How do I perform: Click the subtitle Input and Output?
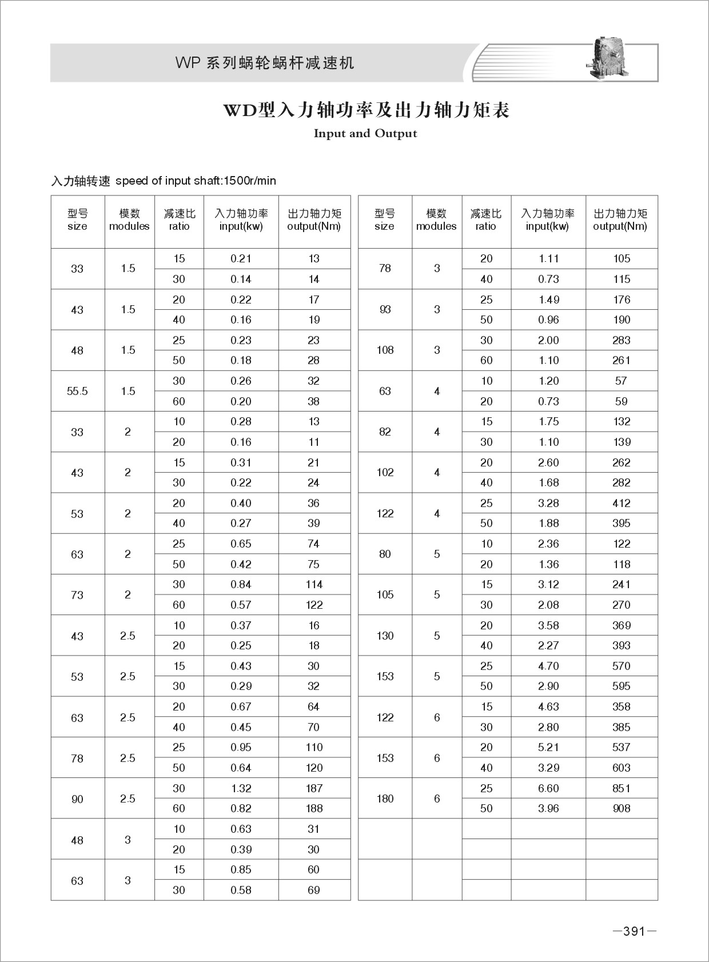(365, 134)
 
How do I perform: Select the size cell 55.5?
(77, 392)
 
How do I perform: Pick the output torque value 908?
(621, 809)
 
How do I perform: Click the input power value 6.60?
(548, 788)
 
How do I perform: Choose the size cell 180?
(385, 799)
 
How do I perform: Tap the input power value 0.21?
(241, 259)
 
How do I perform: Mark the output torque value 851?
(621, 788)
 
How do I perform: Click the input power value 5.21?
(548, 747)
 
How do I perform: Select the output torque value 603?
(621, 768)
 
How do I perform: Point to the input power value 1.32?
(241, 788)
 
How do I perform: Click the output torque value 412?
(621, 504)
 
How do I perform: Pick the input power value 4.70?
(548, 666)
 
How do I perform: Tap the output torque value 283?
(621, 341)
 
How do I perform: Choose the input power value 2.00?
(548, 341)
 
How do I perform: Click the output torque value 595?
(621, 686)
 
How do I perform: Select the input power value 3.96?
(548, 809)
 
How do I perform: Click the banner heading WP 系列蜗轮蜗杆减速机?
(265, 63)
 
